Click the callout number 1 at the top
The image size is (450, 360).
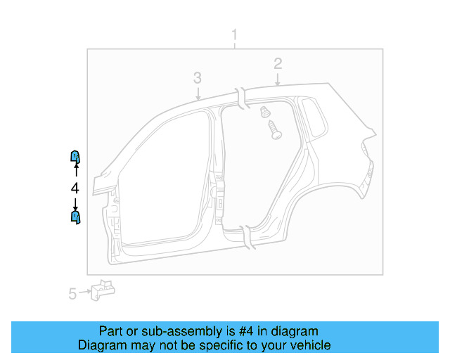tap(235, 35)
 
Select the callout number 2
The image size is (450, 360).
tap(278, 64)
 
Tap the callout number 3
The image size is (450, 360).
tap(198, 77)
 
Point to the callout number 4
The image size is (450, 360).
tap(75, 188)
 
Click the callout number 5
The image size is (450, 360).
tap(72, 294)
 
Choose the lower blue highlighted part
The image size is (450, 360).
tap(75, 217)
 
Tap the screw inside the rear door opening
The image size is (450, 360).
tap(274, 129)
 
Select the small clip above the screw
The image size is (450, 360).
tap(265, 111)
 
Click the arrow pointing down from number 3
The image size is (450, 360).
tap(198, 92)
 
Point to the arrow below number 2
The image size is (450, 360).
tap(278, 79)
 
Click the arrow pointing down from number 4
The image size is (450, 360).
tap(75, 203)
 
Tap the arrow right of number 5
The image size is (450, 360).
tap(86, 292)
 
